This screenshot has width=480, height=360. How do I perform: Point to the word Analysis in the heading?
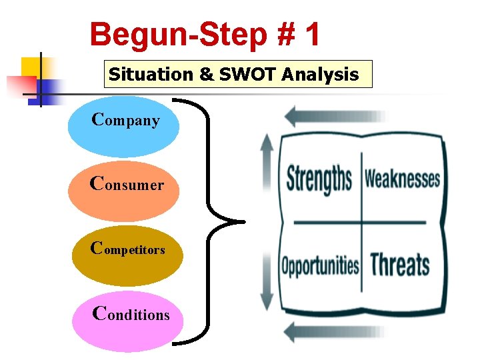[x=320, y=74]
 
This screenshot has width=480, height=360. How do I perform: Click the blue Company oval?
[x=124, y=127]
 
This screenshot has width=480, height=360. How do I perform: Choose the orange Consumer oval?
[x=125, y=191]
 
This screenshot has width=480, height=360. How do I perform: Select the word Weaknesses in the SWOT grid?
[x=401, y=179]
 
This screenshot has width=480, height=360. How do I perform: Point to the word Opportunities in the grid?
[x=319, y=266]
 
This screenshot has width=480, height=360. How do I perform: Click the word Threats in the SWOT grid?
[x=400, y=264]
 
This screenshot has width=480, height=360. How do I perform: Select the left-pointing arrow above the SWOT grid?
[x=333, y=116]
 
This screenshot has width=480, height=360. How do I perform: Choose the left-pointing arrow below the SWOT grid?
[x=333, y=330]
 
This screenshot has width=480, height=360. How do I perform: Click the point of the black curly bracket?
[x=243, y=221]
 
